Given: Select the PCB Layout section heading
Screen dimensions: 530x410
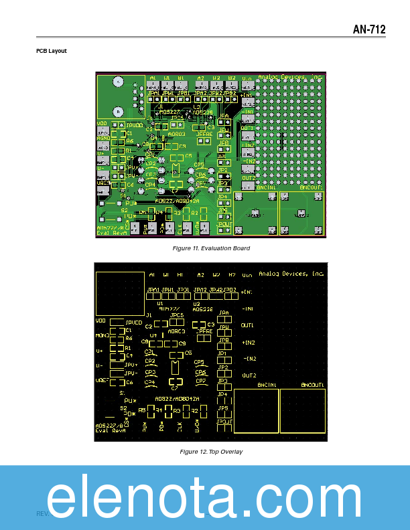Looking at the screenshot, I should [52, 51].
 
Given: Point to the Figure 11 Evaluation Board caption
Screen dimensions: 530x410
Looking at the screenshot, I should [211, 248].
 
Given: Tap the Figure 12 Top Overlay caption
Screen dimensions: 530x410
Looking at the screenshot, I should [211, 452].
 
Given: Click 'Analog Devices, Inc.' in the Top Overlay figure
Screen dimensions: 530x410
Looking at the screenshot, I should [291, 274].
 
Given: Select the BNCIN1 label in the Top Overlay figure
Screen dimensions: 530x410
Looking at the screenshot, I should [267, 385].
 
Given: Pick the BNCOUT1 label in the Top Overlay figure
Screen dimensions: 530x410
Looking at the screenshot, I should [313, 385].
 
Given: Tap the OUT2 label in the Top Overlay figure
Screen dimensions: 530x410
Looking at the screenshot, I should [249, 375].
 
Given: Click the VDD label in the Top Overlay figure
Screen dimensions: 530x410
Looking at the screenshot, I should [101, 321].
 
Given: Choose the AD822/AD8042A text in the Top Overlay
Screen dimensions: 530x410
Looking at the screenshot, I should [177, 400].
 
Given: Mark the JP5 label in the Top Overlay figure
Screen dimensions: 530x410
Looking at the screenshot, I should [223, 408].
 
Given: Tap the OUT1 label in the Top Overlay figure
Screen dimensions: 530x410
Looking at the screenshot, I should [248, 325].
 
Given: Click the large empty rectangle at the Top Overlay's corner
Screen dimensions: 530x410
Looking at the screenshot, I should [120, 293].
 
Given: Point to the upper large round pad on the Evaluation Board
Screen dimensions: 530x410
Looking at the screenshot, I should [118, 82].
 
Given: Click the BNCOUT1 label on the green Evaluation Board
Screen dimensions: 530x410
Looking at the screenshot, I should [311, 188].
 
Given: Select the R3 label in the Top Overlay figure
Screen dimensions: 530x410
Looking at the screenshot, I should [177, 410].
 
